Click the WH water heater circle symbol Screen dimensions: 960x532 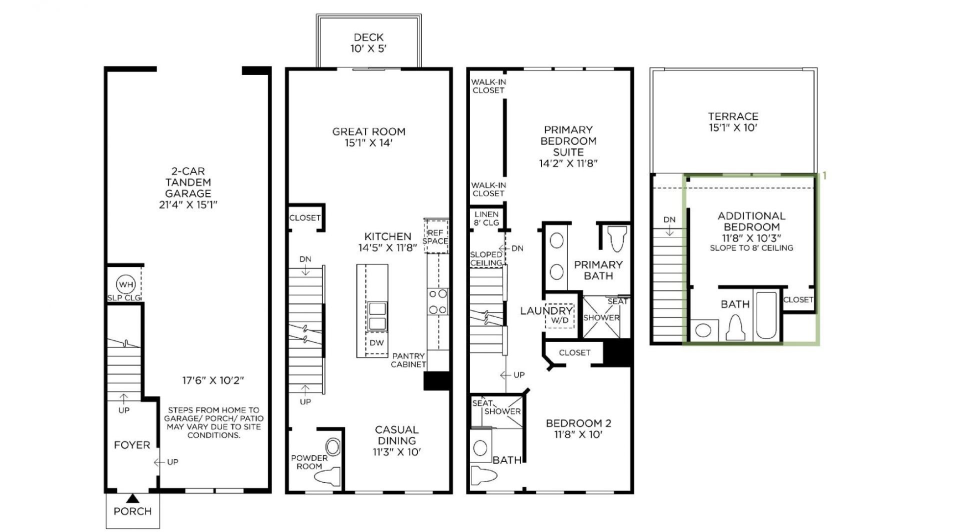(125, 284)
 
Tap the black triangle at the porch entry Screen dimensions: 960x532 (132, 498)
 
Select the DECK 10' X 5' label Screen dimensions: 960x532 (368, 43)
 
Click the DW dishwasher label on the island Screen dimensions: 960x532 (376, 343)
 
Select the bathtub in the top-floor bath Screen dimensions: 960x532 (766, 316)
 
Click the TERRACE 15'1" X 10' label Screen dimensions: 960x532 (733, 122)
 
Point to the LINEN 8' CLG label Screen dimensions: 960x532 (486, 218)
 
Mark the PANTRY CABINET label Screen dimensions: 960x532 (408, 360)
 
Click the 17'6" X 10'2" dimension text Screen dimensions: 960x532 (213, 380)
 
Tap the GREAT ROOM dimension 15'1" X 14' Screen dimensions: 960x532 (368, 143)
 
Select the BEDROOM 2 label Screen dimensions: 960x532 (578, 423)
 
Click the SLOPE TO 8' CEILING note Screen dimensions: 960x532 (751, 248)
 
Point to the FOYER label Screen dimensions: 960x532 (132, 445)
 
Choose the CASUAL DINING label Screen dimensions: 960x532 (396, 435)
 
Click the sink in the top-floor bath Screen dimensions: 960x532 (703, 330)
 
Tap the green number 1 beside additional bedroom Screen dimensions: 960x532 (824, 176)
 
